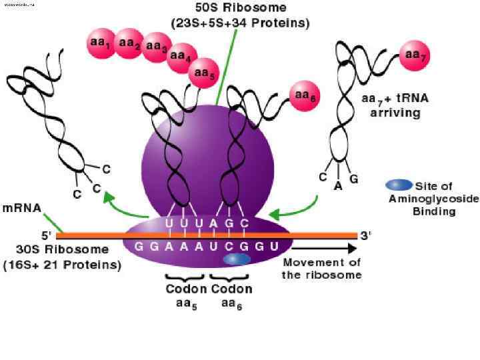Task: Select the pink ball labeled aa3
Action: click(156, 47)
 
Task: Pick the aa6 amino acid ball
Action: click(304, 97)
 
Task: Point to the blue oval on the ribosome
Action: click(237, 258)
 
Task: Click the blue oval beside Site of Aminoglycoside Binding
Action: click(399, 185)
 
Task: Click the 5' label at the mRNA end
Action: click(47, 235)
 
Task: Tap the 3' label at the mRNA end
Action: click(365, 235)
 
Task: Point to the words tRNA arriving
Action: click(395, 105)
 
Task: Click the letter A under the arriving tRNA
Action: click(338, 187)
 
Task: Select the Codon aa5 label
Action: click(186, 296)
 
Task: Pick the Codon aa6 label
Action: click(231, 296)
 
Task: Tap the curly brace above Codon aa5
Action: click(185, 277)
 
